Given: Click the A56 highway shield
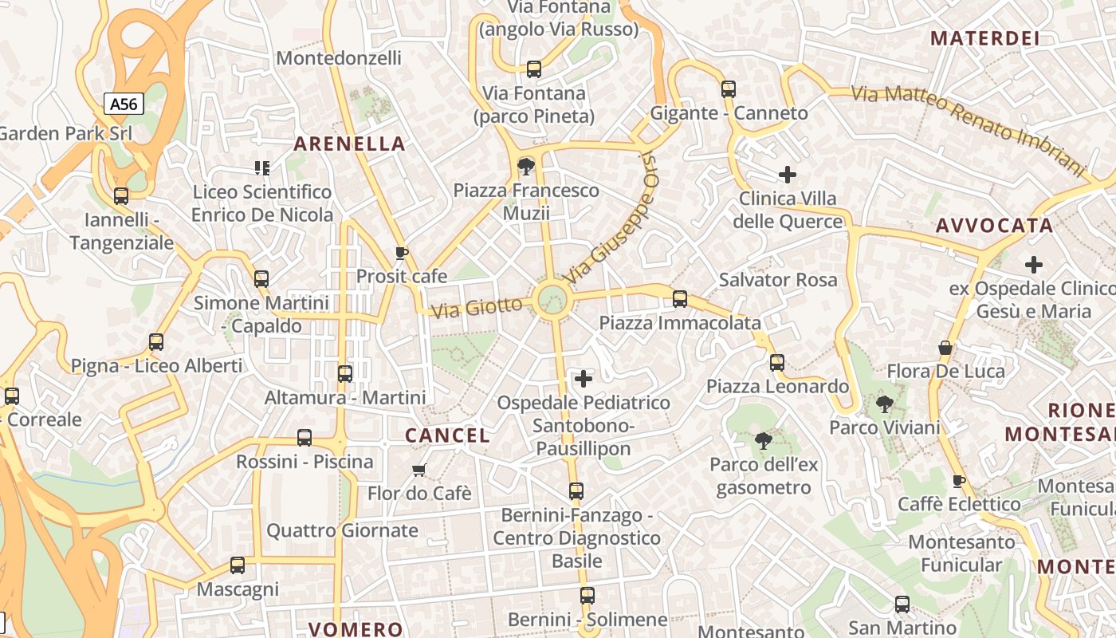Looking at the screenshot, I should (x=124, y=104).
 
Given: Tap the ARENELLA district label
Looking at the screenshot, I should (x=350, y=144).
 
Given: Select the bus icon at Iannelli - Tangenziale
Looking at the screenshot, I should (x=121, y=196).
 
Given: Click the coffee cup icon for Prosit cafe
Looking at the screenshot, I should (x=402, y=254).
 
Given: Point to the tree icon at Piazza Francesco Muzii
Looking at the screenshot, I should (x=525, y=167).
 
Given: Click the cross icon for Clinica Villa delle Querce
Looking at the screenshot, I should (x=788, y=174).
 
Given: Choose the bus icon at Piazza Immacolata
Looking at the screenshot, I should (x=680, y=299).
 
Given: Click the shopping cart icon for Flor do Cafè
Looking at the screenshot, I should (x=419, y=470).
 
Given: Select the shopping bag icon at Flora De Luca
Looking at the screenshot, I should (x=945, y=348).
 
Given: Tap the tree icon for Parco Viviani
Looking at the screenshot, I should (x=884, y=404).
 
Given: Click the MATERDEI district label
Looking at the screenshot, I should (x=985, y=38).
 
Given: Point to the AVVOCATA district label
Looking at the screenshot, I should (x=995, y=226).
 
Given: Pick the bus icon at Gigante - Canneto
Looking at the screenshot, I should (x=729, y=89).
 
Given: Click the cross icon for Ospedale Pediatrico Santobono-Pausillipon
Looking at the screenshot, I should (x=584, y=378).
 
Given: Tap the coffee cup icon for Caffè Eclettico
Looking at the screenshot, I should (x=959, y=481).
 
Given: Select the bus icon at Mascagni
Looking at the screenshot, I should (x=238, y=565).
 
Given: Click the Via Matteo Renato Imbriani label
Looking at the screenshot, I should (x=969, y=130).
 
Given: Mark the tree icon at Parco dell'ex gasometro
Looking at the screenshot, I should (x=764, y=440).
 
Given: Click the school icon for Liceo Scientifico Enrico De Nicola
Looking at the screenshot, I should (x=262, y=167).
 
